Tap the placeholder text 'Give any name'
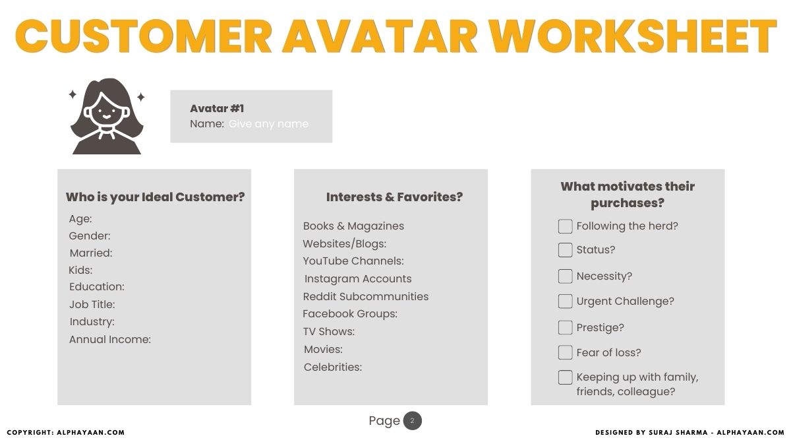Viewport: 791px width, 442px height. tap(268, 124)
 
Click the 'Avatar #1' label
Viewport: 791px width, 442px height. tap(217, 109)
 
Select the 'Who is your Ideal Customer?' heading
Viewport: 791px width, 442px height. tap(155, 197)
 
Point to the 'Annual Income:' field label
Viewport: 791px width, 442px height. tap(110, 340)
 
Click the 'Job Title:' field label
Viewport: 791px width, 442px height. tap(92, 305)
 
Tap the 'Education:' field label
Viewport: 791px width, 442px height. tap(97, 287)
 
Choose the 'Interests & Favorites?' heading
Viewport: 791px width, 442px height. tap(394, 197)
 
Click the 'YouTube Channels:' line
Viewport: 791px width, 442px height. tap(353, 261)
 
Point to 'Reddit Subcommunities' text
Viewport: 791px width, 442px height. tap(366, 297)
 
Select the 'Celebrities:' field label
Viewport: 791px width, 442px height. tap(333, 367)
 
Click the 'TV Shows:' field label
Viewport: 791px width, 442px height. tap(329, 332)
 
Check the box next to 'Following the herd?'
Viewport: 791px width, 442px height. tap(565, 226)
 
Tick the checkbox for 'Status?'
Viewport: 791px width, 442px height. tap(565, 250)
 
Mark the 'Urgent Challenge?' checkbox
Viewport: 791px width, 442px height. tap(565, 301)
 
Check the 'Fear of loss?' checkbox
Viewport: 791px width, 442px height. tap(565, 353)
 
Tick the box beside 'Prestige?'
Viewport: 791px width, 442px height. tap(565, 328)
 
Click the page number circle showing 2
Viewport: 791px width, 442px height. tap(412, 421)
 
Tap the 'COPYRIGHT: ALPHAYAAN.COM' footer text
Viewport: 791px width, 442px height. tap(65, 433)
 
